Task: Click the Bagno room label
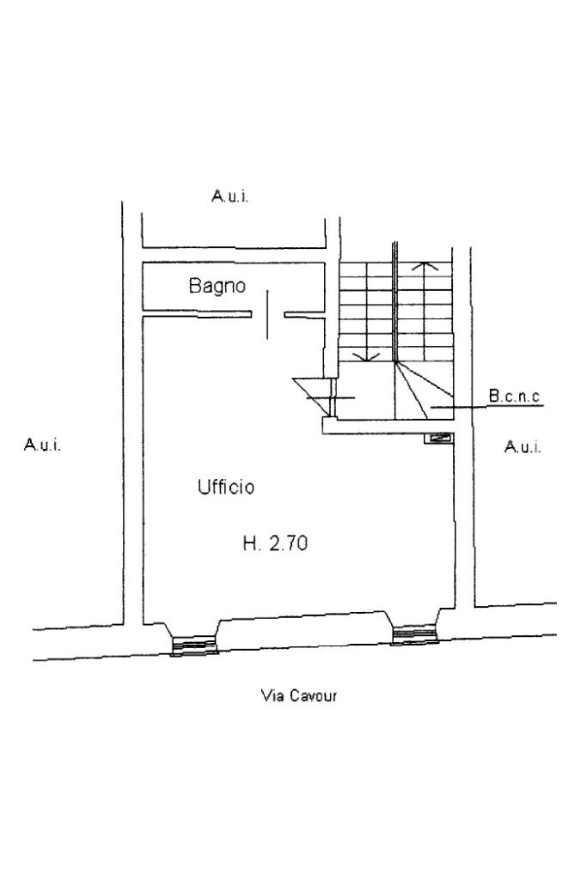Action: [x=217, y=287]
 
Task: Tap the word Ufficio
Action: [x=226, y=488]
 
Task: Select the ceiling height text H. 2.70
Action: [x=275, y=543]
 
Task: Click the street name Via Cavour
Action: [x=298, y=695]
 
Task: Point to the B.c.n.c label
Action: [x=514, y=397]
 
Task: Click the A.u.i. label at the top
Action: [x=230, y=197]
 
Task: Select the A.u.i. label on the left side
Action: [x=42, y=445]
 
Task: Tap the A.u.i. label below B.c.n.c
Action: [x=523, y=447]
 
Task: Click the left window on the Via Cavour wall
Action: [x=193, y=645]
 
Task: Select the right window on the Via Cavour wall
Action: [x=415, y=635]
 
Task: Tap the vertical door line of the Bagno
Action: [x=267, y=314]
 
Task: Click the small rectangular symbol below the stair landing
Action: [x=440, y=438]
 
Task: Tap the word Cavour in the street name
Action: [x=312, y=695]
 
